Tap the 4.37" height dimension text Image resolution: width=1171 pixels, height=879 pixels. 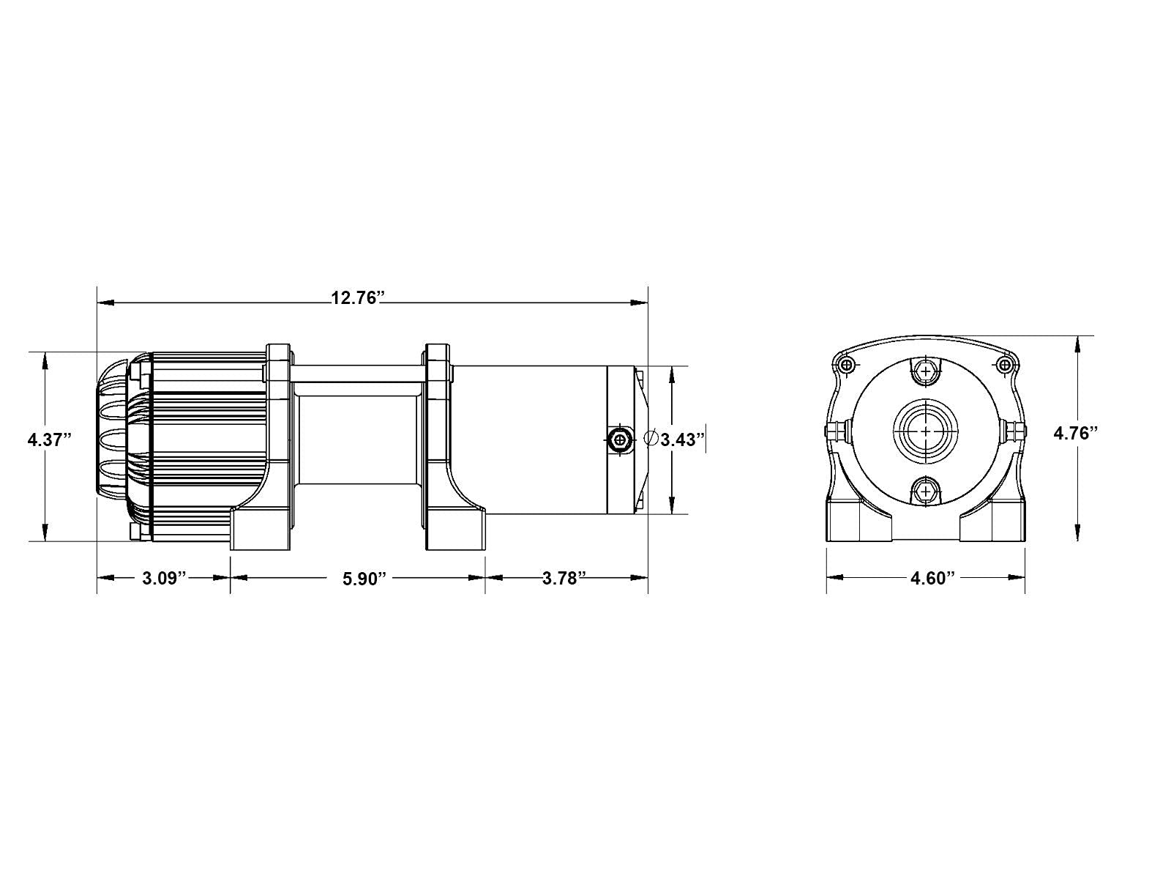(x=50, y=440)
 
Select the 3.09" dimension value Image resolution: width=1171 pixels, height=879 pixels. (x=165, y=578)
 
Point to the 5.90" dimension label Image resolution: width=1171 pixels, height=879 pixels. (x=364, y=579)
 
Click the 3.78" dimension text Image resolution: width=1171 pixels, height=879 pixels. (x=564, y=578)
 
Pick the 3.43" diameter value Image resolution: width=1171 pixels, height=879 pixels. (x=682, y=439)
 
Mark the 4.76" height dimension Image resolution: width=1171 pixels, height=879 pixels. (x=1076, y=434)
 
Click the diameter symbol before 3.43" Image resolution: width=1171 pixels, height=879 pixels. (x=651, y=438)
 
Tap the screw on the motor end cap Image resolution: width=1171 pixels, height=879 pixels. (x=619, y=439)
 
